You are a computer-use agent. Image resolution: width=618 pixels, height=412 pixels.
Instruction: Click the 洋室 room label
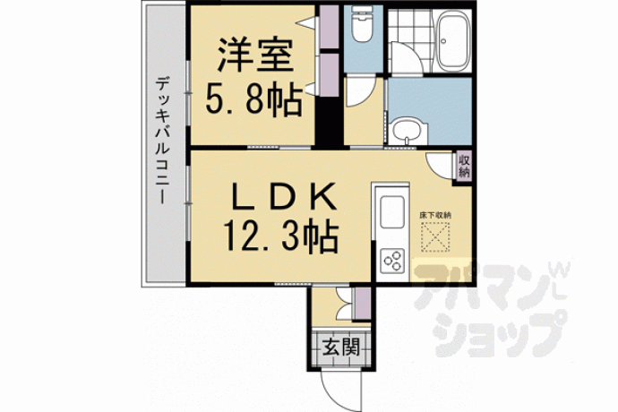pyautogui.click(x=255, y=56)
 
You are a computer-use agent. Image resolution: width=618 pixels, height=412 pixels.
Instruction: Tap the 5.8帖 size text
pyautogui.click(x=253, y=100)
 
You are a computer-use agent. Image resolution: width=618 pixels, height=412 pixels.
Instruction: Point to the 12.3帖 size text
pyautogui.click(x=281, y=236)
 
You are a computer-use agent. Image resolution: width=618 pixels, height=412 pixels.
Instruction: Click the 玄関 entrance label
pyautogui.click(x=341, y=348)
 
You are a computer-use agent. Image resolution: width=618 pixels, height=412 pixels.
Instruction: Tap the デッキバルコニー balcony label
pyautogui.click(x=162, y=141)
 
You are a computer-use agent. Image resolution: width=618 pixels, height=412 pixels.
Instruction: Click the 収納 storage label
pyautogui.click(x=464, y=167)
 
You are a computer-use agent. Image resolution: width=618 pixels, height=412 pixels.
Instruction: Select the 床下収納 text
pyautogui.click(x=435, y=216)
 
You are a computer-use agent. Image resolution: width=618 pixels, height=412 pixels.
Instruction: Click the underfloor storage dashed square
pyautogui.click(x=436, y=236)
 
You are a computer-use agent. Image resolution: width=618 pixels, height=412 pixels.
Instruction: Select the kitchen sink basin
pyautogui.click(x=392, y=211)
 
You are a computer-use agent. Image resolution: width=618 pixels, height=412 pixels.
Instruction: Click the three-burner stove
pyautogui.click(x=392, y=261)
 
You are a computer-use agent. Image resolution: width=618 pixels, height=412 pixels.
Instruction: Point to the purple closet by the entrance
pyautogui.click(x=363, y=304)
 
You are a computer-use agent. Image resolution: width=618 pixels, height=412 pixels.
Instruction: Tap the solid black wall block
pyautogui.click(x=329, y=123)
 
